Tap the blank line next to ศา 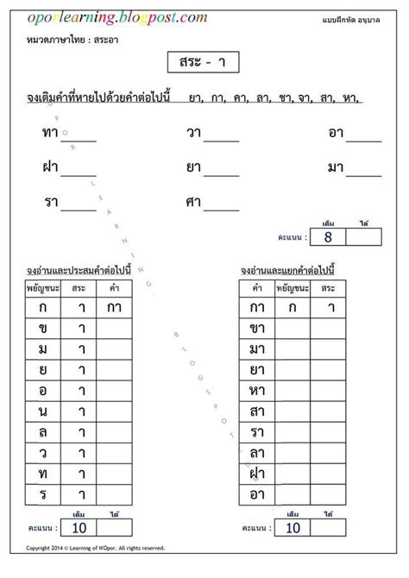(222, 209)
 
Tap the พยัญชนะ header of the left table (42, 287)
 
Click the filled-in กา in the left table (113, 307)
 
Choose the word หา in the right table (256, 390)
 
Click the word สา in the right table (256, 411)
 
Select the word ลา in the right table (256, 452)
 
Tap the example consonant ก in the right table (293, 307)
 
